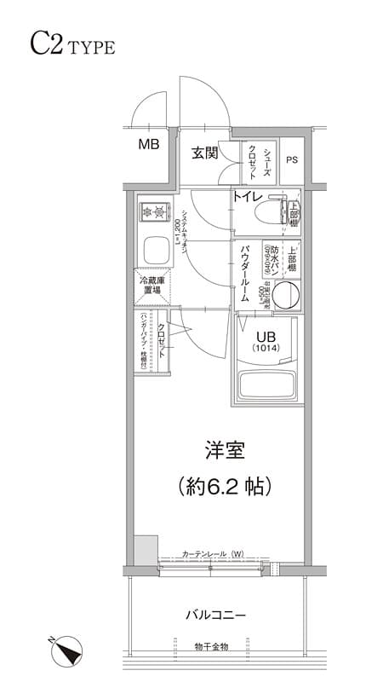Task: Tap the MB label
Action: click(x=149, y=144)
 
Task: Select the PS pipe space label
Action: click(x=292, y=159)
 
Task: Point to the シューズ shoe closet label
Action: click(x=267, y=160)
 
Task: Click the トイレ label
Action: click(x=248, y=197)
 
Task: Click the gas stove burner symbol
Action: click(x=154, y=210)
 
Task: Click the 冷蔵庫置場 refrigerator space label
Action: click(x=151, y=286)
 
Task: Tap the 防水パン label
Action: click(x=266, y=254)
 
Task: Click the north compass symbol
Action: click(x=65, y=652)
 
